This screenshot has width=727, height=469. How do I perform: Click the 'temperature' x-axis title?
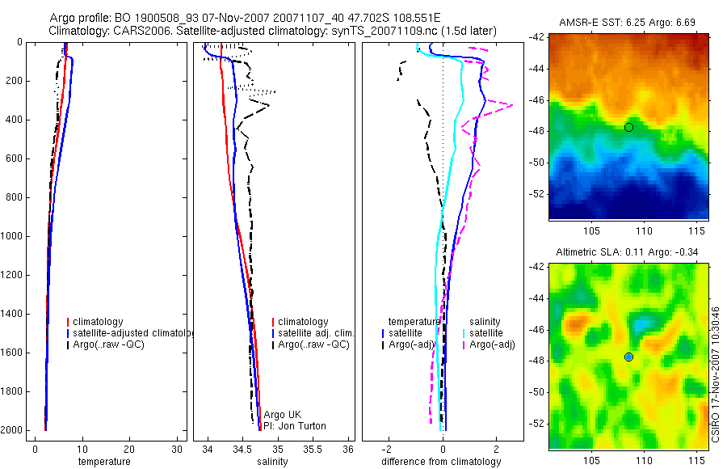tap(103, 462)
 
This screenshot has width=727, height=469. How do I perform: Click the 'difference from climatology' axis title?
tap(441, 462)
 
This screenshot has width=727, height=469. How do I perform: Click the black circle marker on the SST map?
tap(628, 127)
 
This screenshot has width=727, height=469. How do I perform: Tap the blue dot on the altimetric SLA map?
tap(628, 357)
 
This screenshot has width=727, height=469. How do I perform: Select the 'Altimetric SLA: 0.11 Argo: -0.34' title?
tap(628, 253)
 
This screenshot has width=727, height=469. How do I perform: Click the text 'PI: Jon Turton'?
tap(294, 426)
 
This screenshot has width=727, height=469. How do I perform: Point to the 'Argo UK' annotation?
tap(282, 415)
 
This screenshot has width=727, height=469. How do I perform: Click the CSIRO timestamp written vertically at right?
tap(716, 374)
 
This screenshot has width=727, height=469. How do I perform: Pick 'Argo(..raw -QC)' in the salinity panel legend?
tap(313, 344)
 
